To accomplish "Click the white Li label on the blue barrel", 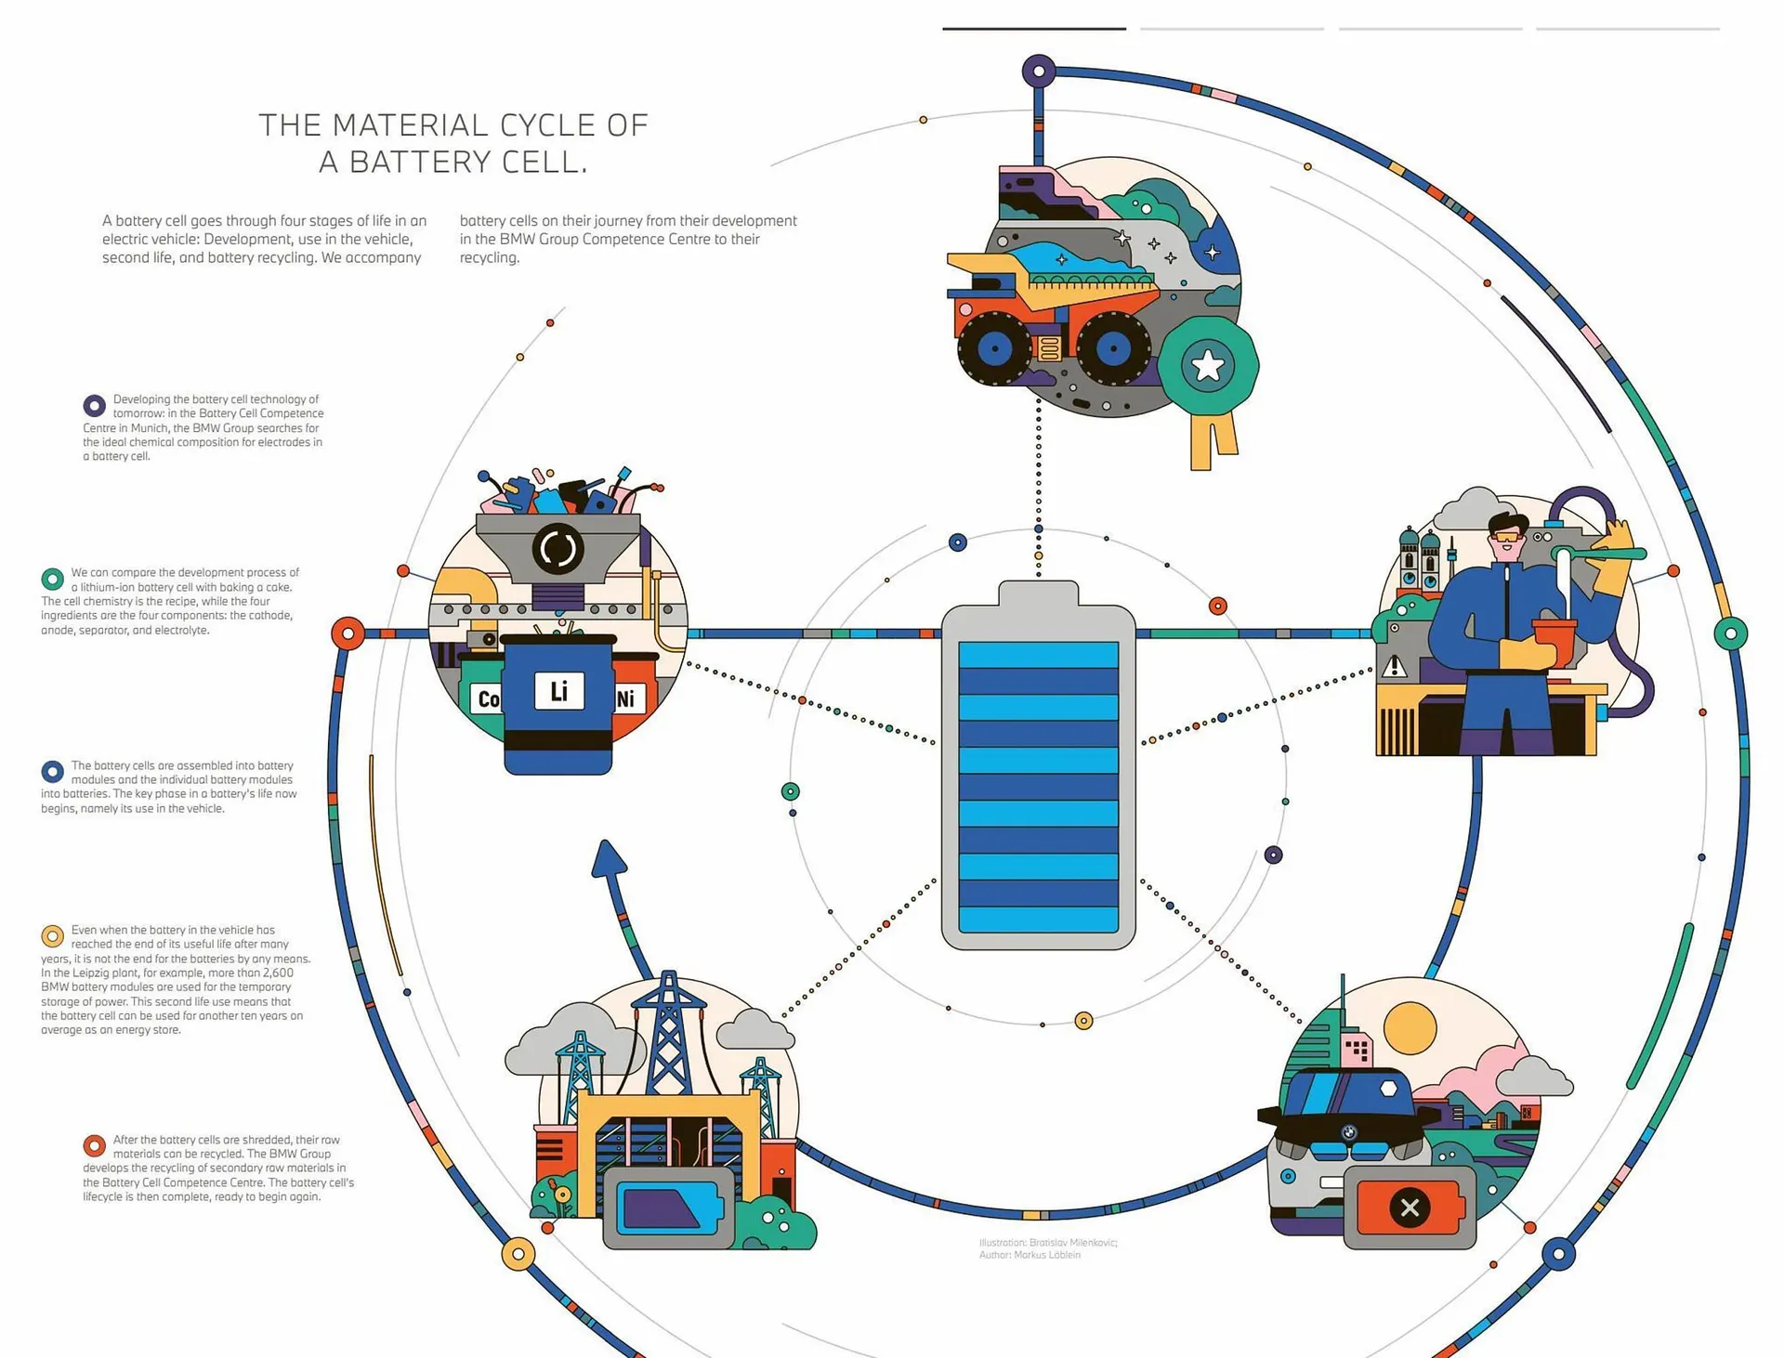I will [x=558, y=691].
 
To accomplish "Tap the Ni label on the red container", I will [x=626, y=699].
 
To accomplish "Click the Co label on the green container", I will [x=487, y=699].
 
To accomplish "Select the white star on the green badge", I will [x=1208, y=366].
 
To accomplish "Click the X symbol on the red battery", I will [x=1410, y=1208].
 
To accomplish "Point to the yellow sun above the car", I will [x=1410, y=1029].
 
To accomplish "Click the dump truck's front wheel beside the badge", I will [x=1112, y=349].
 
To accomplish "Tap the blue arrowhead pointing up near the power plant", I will [x=608, y=858].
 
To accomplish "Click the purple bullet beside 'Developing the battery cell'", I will [x=94, y=406].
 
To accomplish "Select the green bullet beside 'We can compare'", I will [x=52, y=579].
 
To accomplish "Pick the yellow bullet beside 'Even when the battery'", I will [x=52, y=935].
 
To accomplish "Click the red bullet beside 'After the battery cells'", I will [x=94, y=1145].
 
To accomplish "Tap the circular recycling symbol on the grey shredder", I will [x=557, y=548].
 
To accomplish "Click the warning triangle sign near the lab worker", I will [x=1394, y=667].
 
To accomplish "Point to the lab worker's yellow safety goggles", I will [x=1508, y=537].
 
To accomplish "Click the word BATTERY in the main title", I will [x=419, y=163].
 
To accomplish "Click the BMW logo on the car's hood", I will [x=1349, y=1132].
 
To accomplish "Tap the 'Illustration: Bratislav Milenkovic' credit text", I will [x=1048, y=1243].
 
